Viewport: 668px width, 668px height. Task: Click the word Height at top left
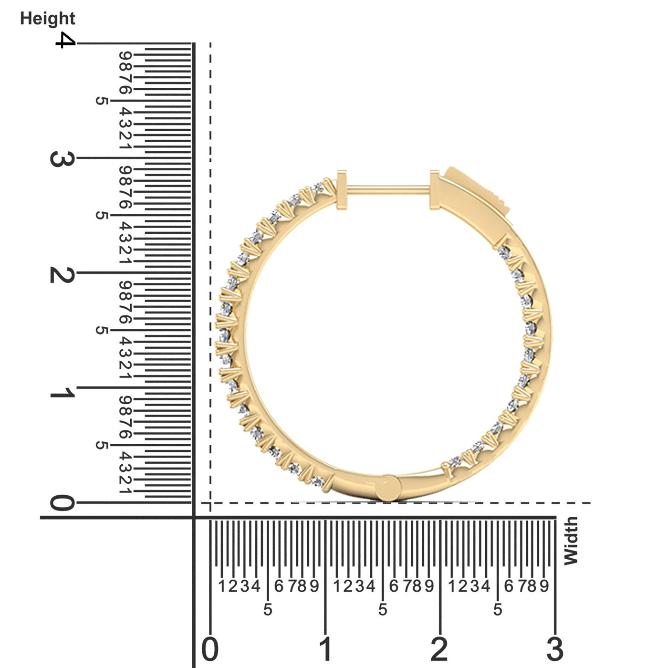click(x=47, y=19)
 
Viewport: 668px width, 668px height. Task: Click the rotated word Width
click(x=571, y=541)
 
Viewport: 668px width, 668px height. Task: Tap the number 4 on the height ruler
click(x=65, y=40)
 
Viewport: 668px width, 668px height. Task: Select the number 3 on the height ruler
click(x=62, y=158)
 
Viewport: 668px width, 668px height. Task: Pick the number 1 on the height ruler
click(x=62, y=393)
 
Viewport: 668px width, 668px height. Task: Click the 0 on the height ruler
click(x=62, y=503)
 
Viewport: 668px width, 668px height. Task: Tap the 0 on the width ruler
click(x=210, y=649)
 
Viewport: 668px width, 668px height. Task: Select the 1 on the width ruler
click(x=325, y=649)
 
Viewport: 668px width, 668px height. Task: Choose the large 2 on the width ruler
click(x=439, y=649)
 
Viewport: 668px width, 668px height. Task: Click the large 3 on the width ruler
click(x=555, y=649)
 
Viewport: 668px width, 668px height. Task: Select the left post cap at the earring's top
click(x=342, y=189)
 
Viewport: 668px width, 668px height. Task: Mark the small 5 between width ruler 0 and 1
click(x=268, y=609)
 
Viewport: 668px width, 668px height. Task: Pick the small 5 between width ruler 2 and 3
click(x=498, y=609)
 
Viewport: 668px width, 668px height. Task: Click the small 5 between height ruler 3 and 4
click(x=101, y=101)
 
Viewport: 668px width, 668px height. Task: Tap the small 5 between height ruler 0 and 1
click(x=101, y=445)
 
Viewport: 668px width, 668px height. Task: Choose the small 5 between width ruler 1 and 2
click(x=383, y=609)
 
